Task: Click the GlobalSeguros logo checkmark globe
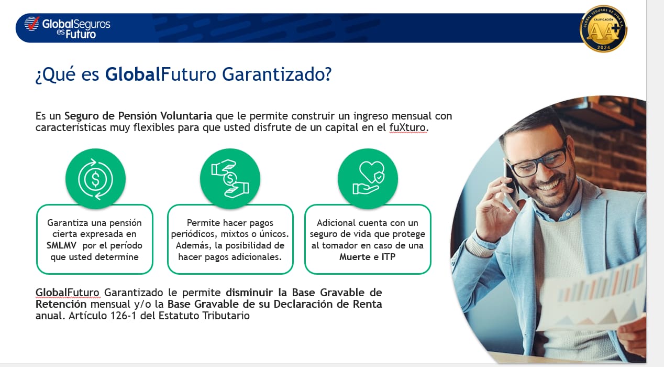[32, 23]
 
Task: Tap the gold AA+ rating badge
[604, 29]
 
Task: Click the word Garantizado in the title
[276, 74]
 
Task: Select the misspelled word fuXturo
[407, 127]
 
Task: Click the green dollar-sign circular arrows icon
[95, 179]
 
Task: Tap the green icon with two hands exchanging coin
[230, 179]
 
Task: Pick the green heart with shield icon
[368, 179]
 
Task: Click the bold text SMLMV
[61, 245]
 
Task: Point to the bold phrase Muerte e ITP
[367, 256]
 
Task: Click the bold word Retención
[61, 304]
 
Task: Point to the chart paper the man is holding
[593, 300]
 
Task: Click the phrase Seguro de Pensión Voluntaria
[138, 116]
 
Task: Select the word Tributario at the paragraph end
[226, 316]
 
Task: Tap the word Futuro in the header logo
[81, 34]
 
